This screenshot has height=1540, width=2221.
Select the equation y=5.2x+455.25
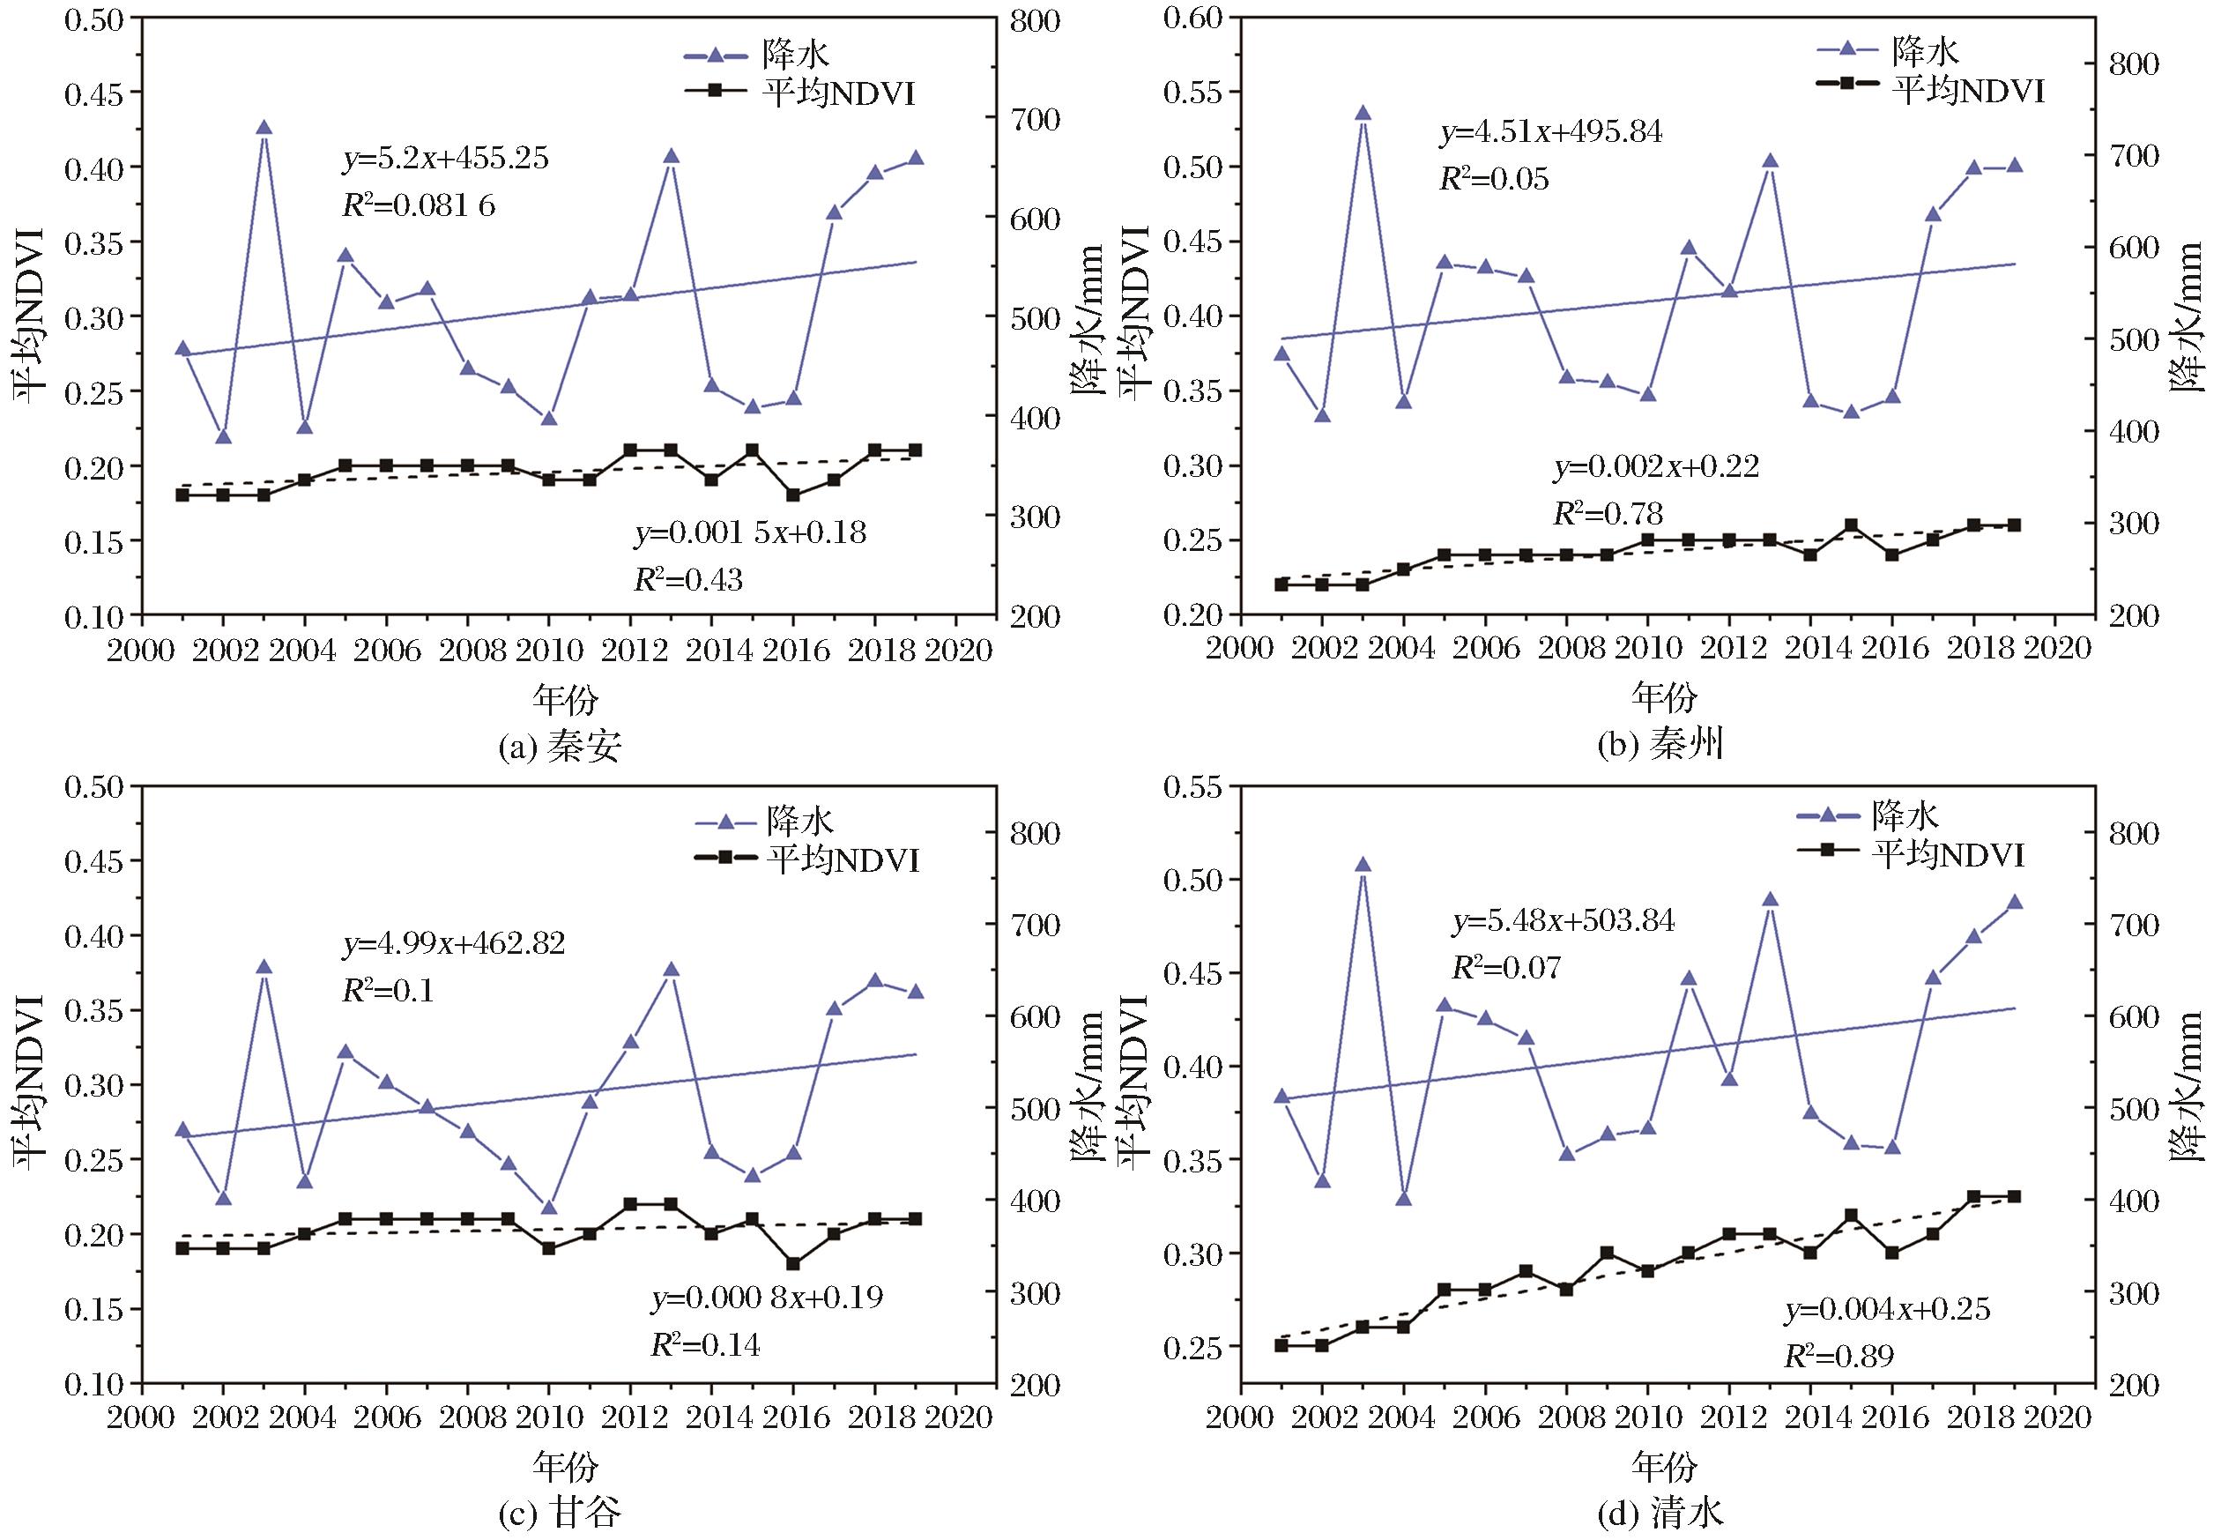pyautogui.click(x=446, y=159)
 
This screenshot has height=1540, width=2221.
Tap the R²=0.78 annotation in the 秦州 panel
pyautogui.click(x=1608, y=513)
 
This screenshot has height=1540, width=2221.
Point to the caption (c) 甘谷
pyautogui.click(x=560, y=1513)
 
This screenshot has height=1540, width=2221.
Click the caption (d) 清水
pyautogui.click(x=1660, y=1513)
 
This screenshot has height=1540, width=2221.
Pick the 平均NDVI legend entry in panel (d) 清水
pyautogui.click(x=1911, y=854)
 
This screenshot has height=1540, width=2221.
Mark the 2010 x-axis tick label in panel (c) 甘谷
pyautogui.click(x=548, y=1417)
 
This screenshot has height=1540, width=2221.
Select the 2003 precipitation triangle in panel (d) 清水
pyautogui.click(x=1363, y=865)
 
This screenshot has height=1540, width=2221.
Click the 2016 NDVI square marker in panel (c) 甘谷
pyautogui.click(x=793, y=1264)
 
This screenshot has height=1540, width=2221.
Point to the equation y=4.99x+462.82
pyautogui.click(x=454, y=941)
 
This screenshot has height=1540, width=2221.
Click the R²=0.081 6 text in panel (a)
pyautogui.click(x=419, y=205)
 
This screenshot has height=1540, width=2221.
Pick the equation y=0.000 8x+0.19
pyautogui.click(x=767, y=1297)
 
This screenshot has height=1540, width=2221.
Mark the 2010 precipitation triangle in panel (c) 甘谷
pyautogui.click(x=549, y=1207)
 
